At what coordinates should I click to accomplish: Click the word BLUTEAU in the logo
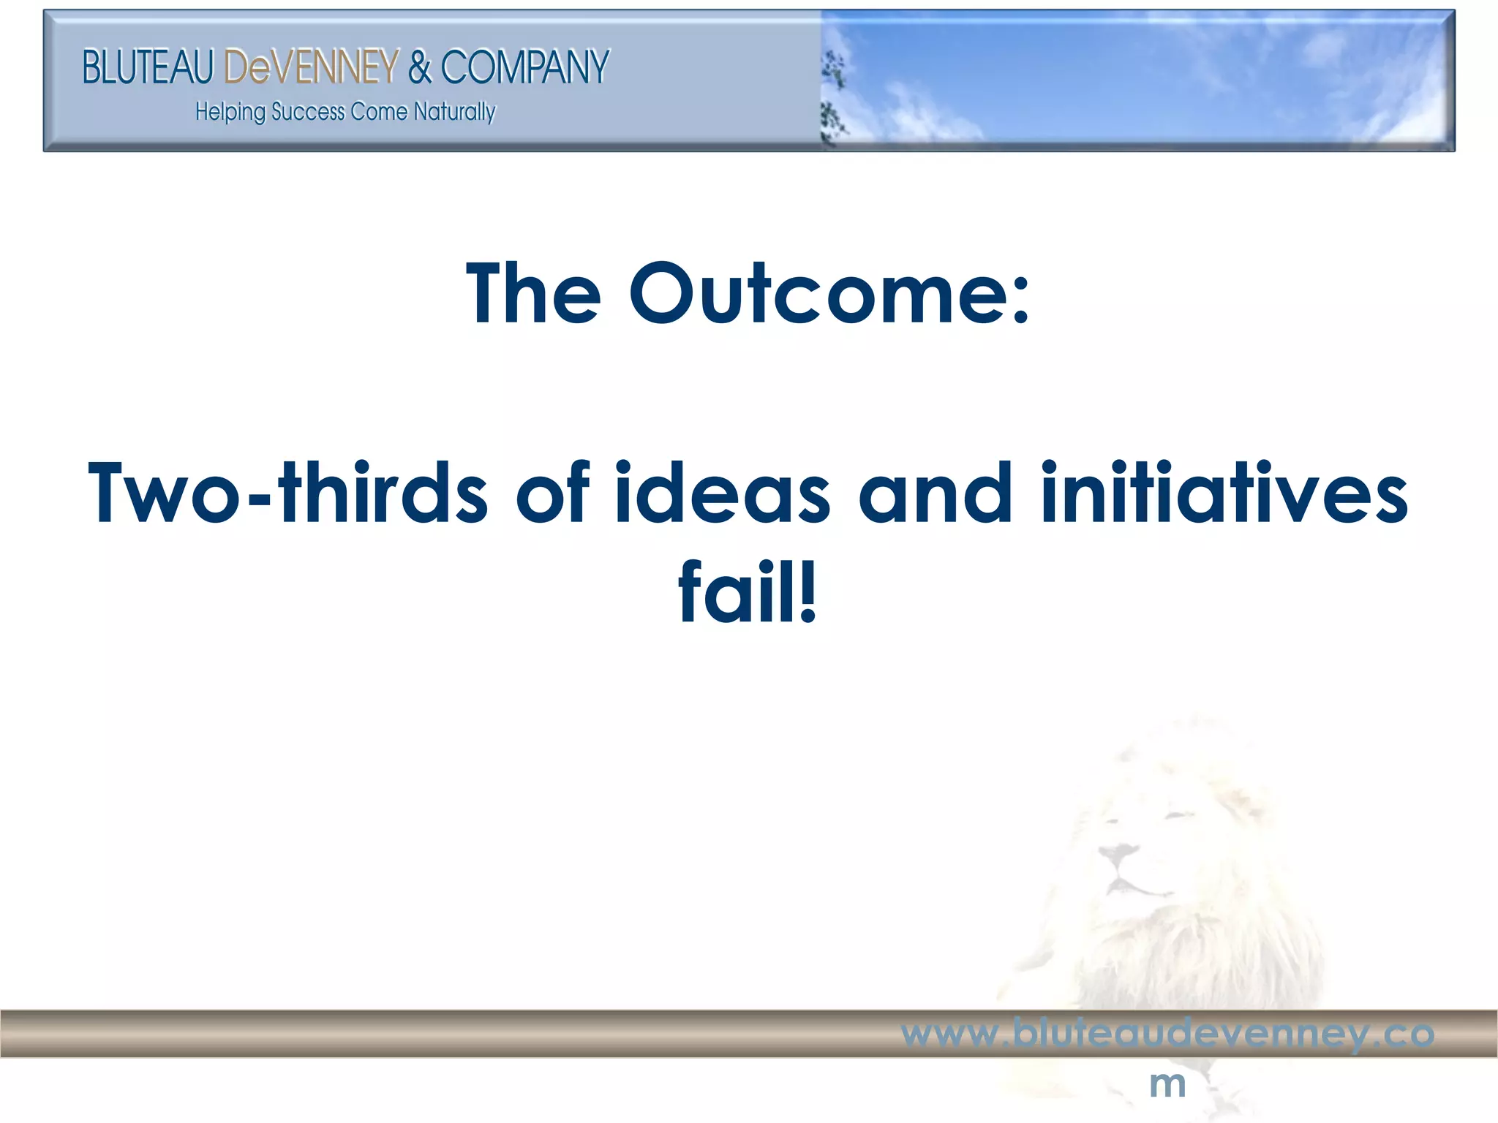tap(147, 67)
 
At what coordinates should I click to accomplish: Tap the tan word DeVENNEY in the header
tap(311, 67)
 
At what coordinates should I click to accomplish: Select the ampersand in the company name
tap(420, 67)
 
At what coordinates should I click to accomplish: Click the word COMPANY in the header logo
tap(524, 67)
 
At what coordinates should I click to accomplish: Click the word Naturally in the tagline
tap(454, 113)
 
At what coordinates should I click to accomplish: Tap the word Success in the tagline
tap(308, 113)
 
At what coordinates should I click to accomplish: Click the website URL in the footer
tap(1167, 1034)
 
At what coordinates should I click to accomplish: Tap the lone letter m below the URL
tap(1167, 1084)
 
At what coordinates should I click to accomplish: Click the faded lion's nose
tap(1118, 854)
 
